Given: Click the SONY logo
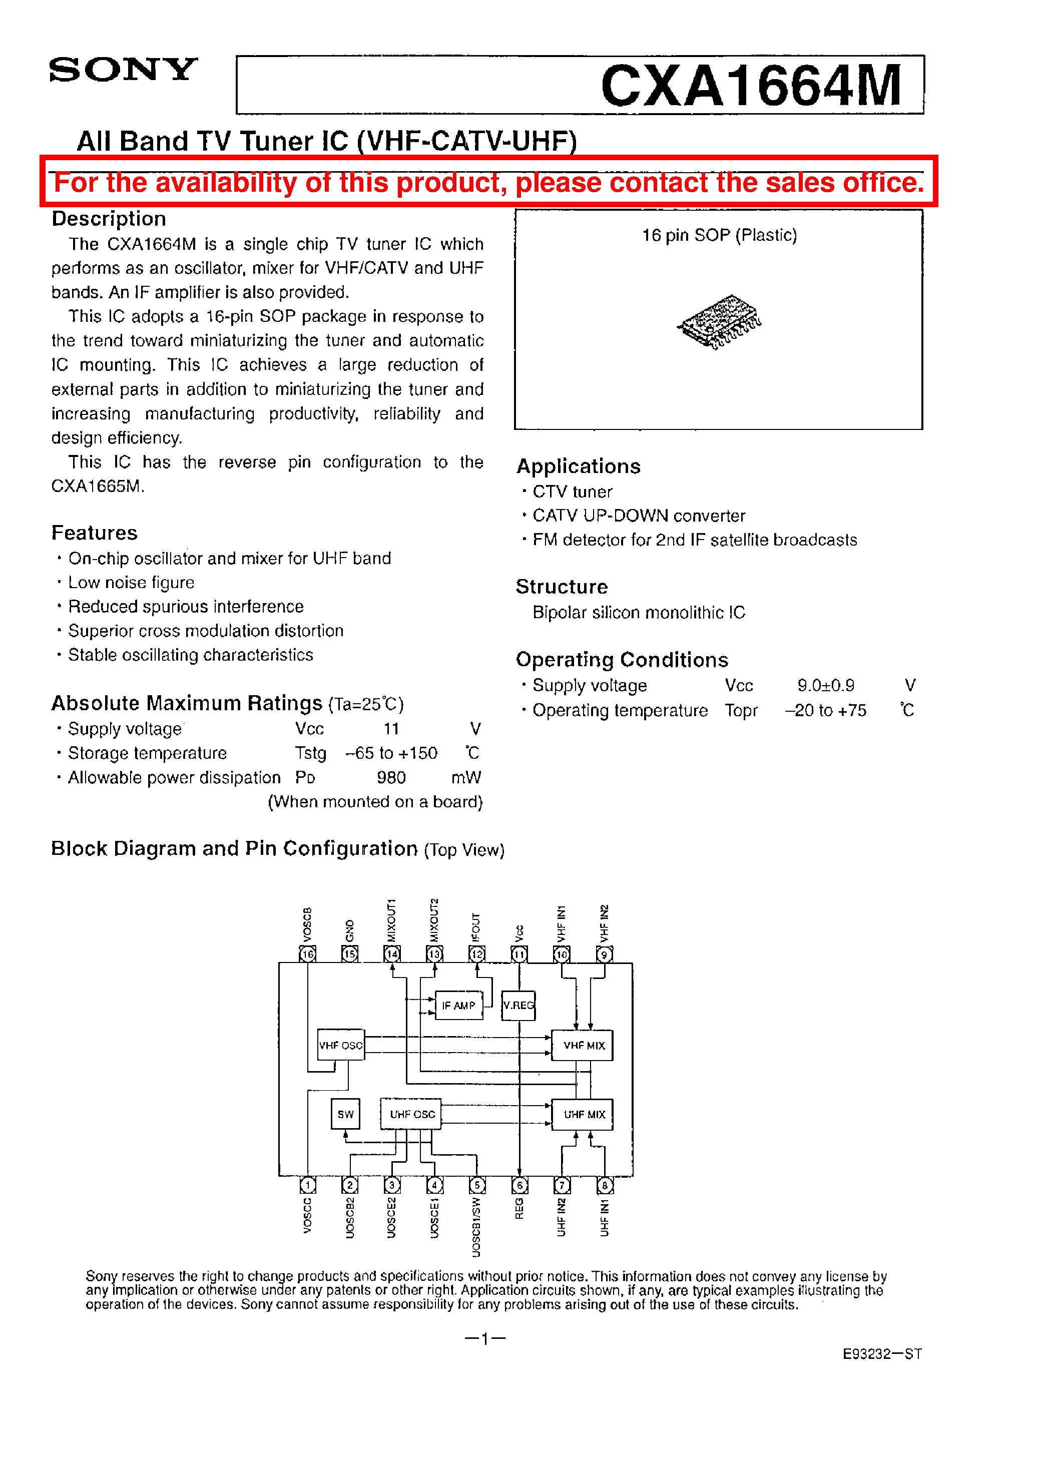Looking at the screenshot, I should (x=123, y=70).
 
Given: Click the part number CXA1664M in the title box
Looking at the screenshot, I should (x=751, y=86).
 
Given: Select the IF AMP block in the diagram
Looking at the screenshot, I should (x=458, y=1005).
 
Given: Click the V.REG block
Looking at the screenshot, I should (x=518, y=1005).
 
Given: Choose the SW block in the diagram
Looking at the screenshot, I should (x=345, y=1115).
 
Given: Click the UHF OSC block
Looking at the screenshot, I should (x=411, y=1115).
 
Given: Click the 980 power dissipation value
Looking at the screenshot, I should (x=391, y=777).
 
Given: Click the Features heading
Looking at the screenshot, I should (x=94, y=533).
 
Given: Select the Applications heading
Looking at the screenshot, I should (x=578, y=466).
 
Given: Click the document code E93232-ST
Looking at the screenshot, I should (x=882, y=1353).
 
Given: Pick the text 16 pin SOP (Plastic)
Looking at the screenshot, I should (x=719, y=235).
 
